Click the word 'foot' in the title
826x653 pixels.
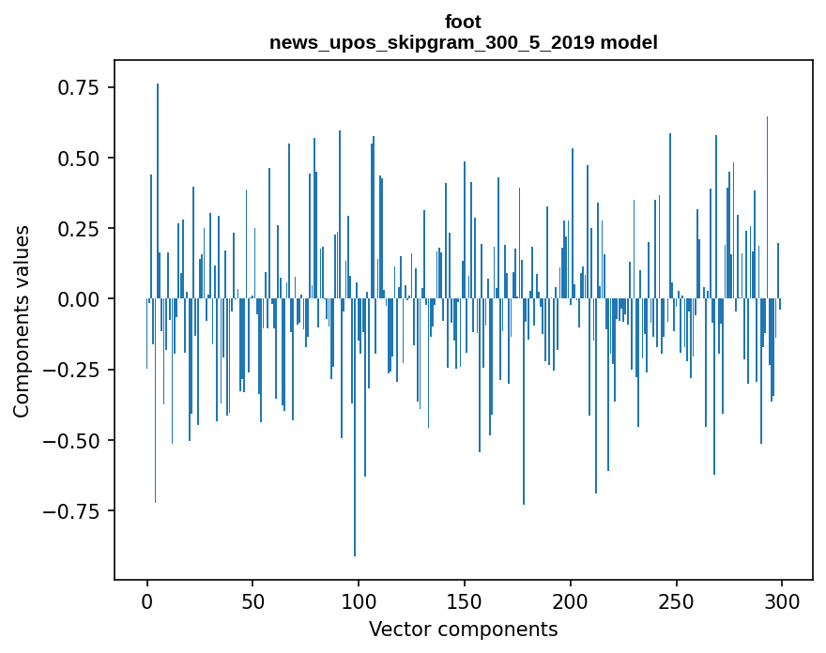(463, 22)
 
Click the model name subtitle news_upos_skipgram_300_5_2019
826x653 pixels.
(463, 42)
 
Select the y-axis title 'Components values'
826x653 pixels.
(22, 321)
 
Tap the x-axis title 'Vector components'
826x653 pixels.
(463, 629)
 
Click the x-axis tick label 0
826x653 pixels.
(147, 600)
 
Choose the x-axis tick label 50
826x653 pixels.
(252, 600)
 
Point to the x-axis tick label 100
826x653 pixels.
(359, 600)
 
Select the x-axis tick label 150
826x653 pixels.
(465, 600)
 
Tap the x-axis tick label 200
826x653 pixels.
(570, 600)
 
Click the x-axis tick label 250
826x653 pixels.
(676, 600)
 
